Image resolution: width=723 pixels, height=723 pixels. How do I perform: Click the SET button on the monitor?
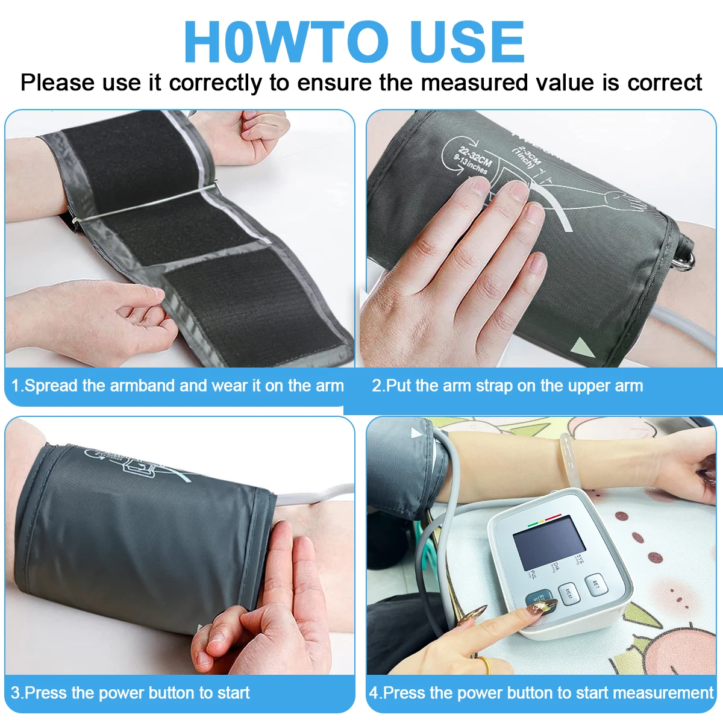click(x=595, y=584)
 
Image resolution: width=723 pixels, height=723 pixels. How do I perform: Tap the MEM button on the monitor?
click(x=569, y=593)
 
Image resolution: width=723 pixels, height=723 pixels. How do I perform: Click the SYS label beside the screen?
click(x=580, y=559)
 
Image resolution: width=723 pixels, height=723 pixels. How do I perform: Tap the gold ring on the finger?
click(x=482, y=665)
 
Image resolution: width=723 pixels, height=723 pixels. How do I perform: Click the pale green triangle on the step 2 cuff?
click(x=582, y=348)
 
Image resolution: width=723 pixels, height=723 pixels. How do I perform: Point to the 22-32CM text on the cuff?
click(x=476, y=155)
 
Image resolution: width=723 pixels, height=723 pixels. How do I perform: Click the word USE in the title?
click(x=466, y=42)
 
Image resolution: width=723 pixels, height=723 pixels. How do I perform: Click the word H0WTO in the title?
click(x=286, y=42)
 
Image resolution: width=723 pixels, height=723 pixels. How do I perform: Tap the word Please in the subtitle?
click(x=57, y=83)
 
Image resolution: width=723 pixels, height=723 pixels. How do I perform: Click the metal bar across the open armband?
click(x=145, y=204)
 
